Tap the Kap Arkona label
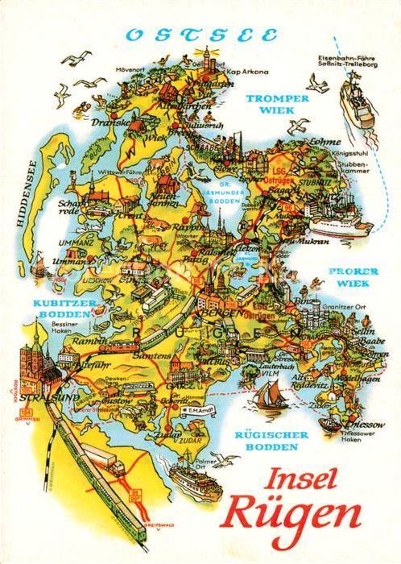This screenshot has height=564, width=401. pyautogui.click(x=248, y=72)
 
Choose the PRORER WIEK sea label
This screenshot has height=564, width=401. pyautogui.click(x=352, y=276)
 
